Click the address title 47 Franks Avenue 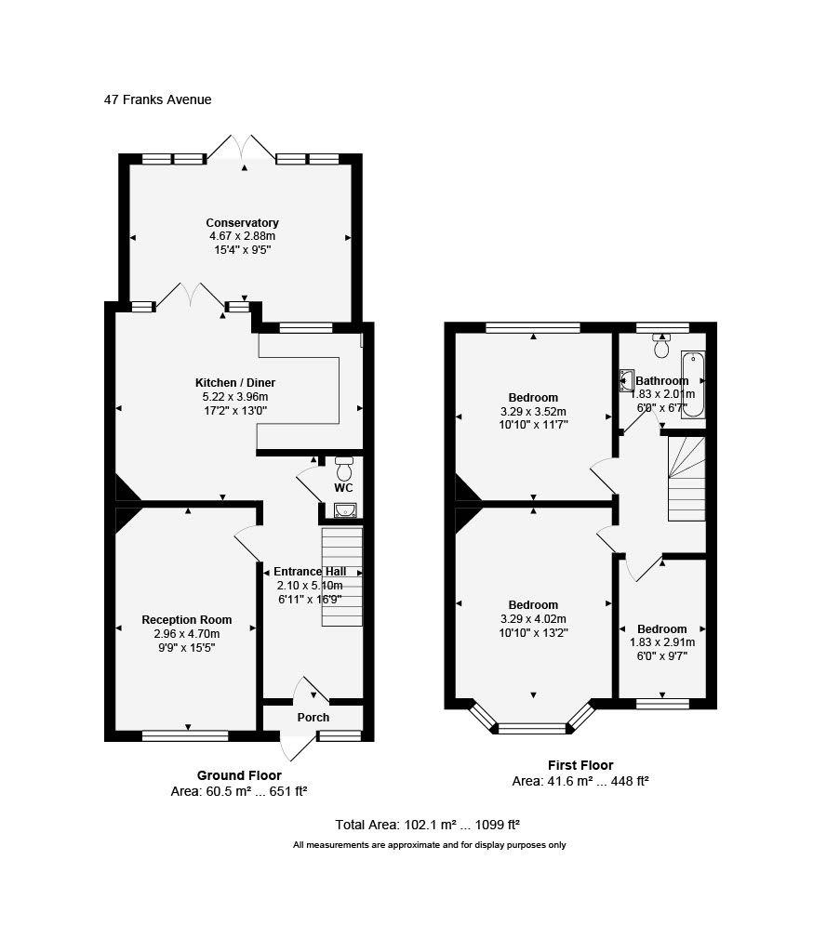[x=157, y=99]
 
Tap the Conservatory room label [x=242, y=223]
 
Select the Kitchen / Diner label [x=235, y=383]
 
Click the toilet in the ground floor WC [x=344, y=469]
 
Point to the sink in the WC [x=345, y=510]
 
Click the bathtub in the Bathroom [x=693, y=385]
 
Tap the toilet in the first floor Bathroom [x=661, y=345]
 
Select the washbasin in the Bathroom [x=626, y=380]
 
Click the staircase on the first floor [x=686, y=479]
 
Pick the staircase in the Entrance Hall [x=341, y=576]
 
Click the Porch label [x=313, y=718]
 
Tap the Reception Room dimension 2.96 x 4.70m [x=187, y=634]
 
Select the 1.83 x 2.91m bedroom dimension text [x=662, y=642]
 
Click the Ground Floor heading [x=239, y=775]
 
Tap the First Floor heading [x=580, y=765]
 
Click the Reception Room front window [x=185, y=736]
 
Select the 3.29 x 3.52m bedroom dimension [x=534, y=412]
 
